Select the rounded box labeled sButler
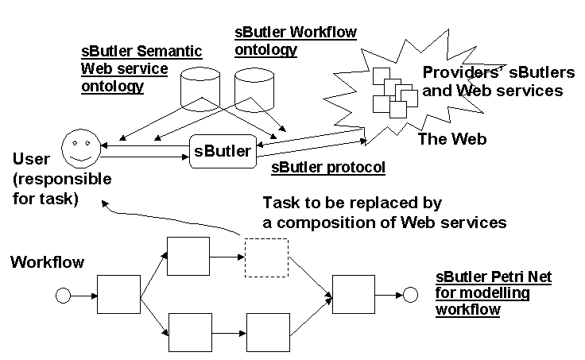(223, 150)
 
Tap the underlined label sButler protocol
(328, 168)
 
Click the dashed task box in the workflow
(266, 257)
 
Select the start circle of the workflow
(63, 296)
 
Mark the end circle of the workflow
(410, 296)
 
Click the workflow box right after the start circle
(118, 296)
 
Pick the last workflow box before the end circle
(353, 296)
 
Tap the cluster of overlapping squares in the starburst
(394, 92)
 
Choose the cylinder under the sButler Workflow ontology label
(254, 91)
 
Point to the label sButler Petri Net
(493, 277)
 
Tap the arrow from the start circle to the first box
(83, 296)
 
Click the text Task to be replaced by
(351, 203)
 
